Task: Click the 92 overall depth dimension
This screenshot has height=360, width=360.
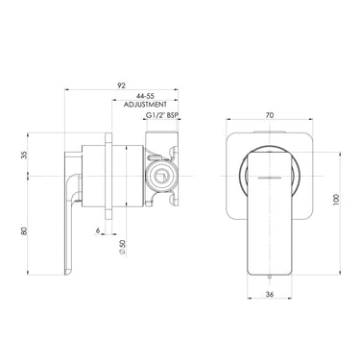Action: tap(122, 85)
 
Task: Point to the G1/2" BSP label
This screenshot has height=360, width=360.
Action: tap(161, 116)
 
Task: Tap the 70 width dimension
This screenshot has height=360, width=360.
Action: tap(270, 115)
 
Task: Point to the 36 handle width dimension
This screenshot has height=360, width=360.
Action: tap(270, 296)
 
